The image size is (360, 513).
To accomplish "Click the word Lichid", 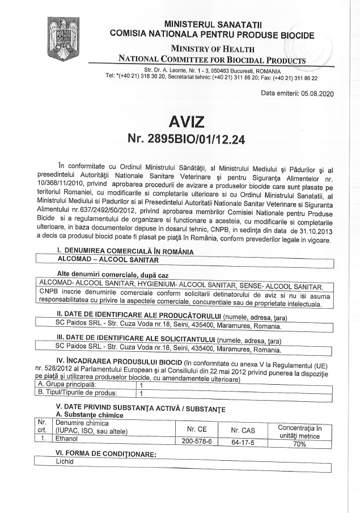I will pyautogui.click(x=65, y=462).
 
